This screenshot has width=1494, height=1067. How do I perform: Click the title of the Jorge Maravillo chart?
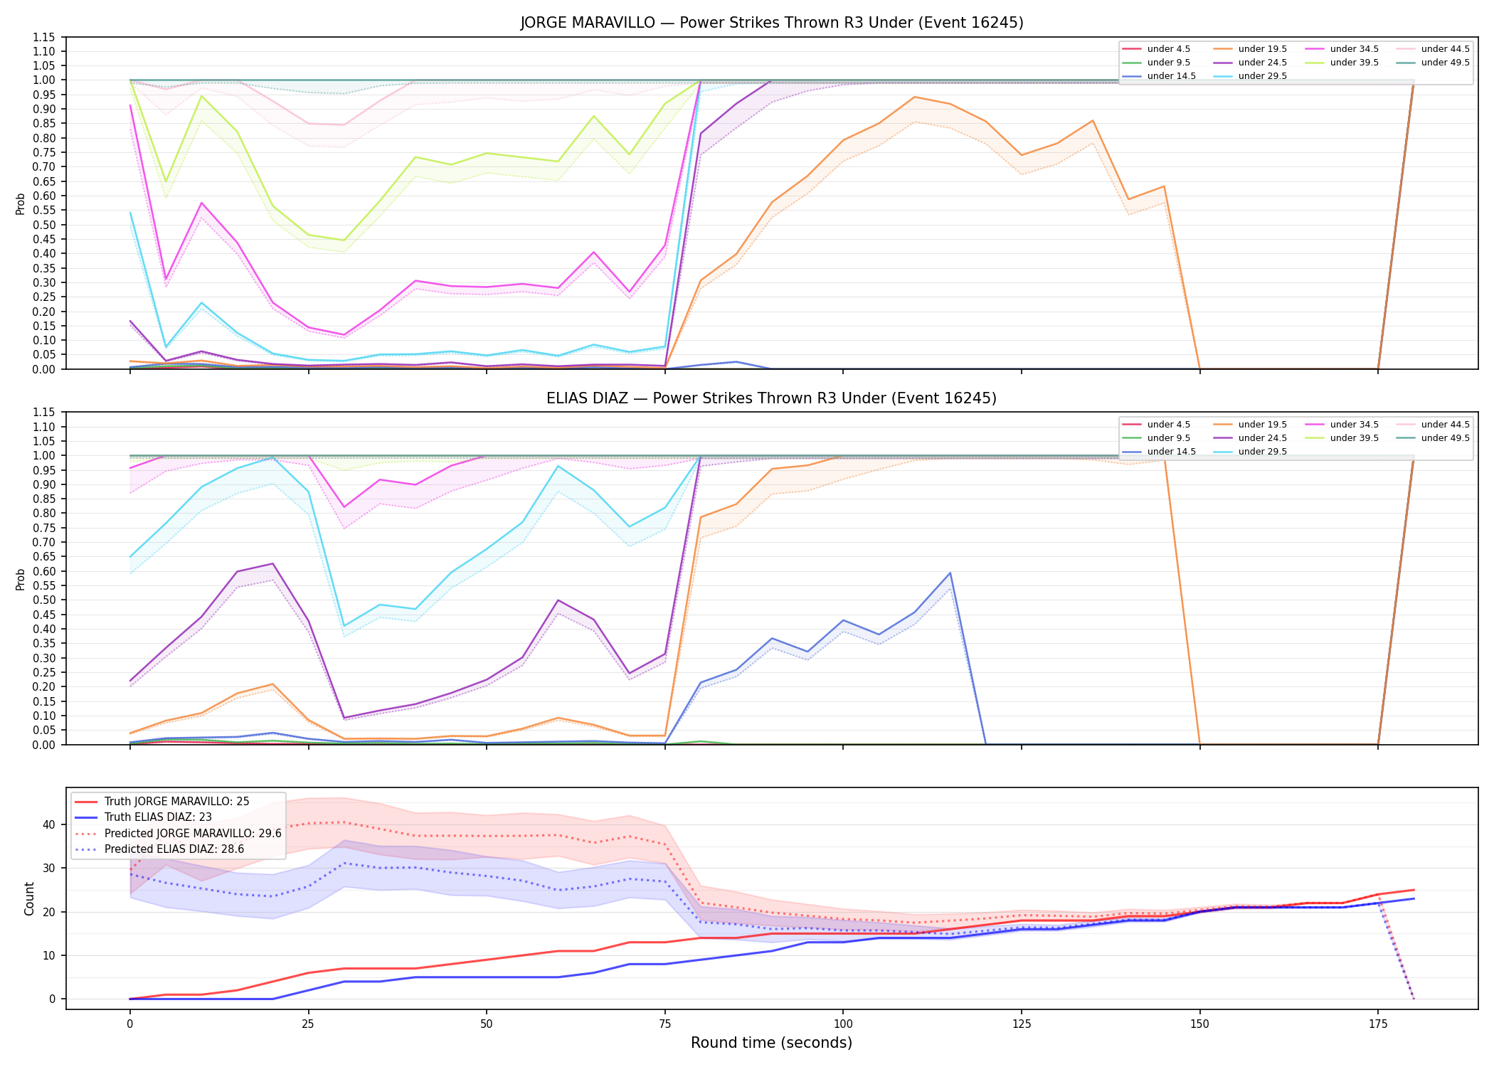coord(772,23)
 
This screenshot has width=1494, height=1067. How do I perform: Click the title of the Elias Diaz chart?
coord(772,398)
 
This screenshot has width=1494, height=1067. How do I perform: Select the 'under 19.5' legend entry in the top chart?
coord(1251,49)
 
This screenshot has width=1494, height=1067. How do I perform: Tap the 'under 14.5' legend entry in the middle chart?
coord(1160,452)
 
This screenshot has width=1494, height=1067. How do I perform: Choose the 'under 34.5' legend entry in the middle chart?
coord(1342,425)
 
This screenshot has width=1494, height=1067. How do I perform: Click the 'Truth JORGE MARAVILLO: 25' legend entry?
coord(162,802)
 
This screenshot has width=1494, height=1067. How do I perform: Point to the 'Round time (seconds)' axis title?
coord(772,1043)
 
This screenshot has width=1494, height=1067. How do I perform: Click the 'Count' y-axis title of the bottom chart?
coord(29,898)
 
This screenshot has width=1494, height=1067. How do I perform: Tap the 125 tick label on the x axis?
coord(1022,1024)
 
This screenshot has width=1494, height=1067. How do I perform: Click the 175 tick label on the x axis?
coord(1378,1024)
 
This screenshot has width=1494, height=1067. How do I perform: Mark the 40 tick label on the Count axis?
coord(49,825)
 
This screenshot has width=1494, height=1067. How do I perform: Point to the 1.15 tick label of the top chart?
coord(44,37)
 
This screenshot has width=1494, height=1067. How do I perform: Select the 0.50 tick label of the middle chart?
coord(44,600)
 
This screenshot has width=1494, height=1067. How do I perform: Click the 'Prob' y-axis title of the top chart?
coord(21,203)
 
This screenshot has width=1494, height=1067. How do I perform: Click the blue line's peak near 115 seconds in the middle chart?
coord(950,573)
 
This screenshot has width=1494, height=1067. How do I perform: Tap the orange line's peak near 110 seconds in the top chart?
coord(914,97)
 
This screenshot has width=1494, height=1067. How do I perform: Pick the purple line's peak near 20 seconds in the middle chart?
coord(272,564)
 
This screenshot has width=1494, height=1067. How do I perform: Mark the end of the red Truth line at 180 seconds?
coord(1414,890)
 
